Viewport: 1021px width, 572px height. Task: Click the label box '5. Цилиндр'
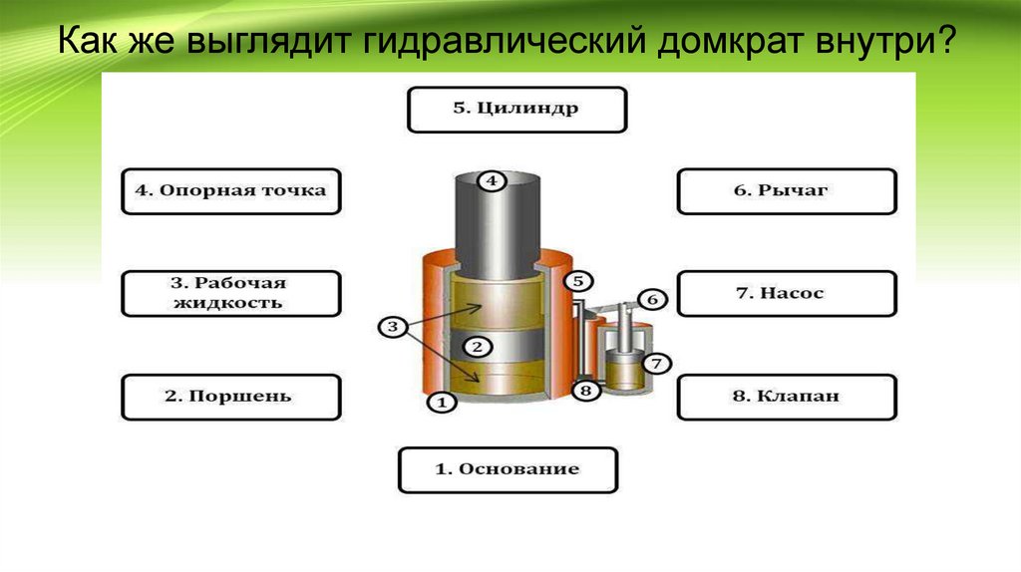point(516,109)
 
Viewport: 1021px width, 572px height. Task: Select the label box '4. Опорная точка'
point(230,190)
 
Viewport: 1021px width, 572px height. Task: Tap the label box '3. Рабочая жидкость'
point(230,292)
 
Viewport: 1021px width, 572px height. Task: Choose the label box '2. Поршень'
point(230,397)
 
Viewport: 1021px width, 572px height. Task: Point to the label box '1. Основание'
point(509,469)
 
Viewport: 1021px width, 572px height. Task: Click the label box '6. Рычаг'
point(787,190)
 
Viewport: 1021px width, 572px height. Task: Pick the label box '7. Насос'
point(787,294)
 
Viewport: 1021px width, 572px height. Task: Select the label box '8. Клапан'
point(787,397)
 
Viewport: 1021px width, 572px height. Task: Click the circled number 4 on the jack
point(492,181)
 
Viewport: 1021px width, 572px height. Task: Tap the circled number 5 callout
point(581,281)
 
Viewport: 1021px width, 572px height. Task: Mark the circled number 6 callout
point(650,299)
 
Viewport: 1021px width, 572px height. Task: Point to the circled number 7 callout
point(656,364)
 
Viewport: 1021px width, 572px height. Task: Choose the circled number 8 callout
point(586,391)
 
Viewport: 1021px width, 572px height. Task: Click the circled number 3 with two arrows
point(393,327)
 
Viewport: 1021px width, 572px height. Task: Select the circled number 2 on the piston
point(477,347)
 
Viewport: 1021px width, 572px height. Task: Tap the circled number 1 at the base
point(442,403)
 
